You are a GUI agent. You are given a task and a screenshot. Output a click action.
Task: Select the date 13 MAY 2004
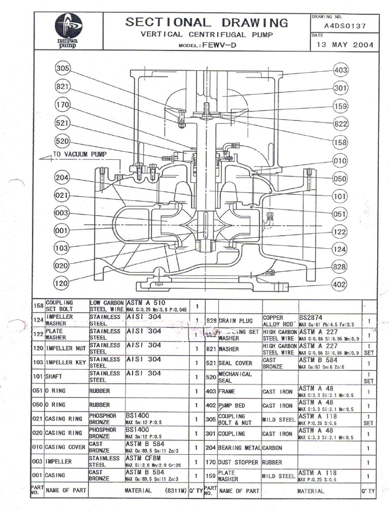(x=345, y=45)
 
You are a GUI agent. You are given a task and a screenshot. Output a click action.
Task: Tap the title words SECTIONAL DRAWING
(x=207, y=22)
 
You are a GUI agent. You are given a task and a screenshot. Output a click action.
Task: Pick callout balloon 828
(x=340, y=267)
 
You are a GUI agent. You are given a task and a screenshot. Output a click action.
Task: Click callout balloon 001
(x=61, y=231)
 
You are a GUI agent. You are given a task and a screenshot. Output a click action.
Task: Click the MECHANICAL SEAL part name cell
(x=235, y=377)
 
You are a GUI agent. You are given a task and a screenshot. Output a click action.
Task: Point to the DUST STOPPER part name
(x=239, y=462)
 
